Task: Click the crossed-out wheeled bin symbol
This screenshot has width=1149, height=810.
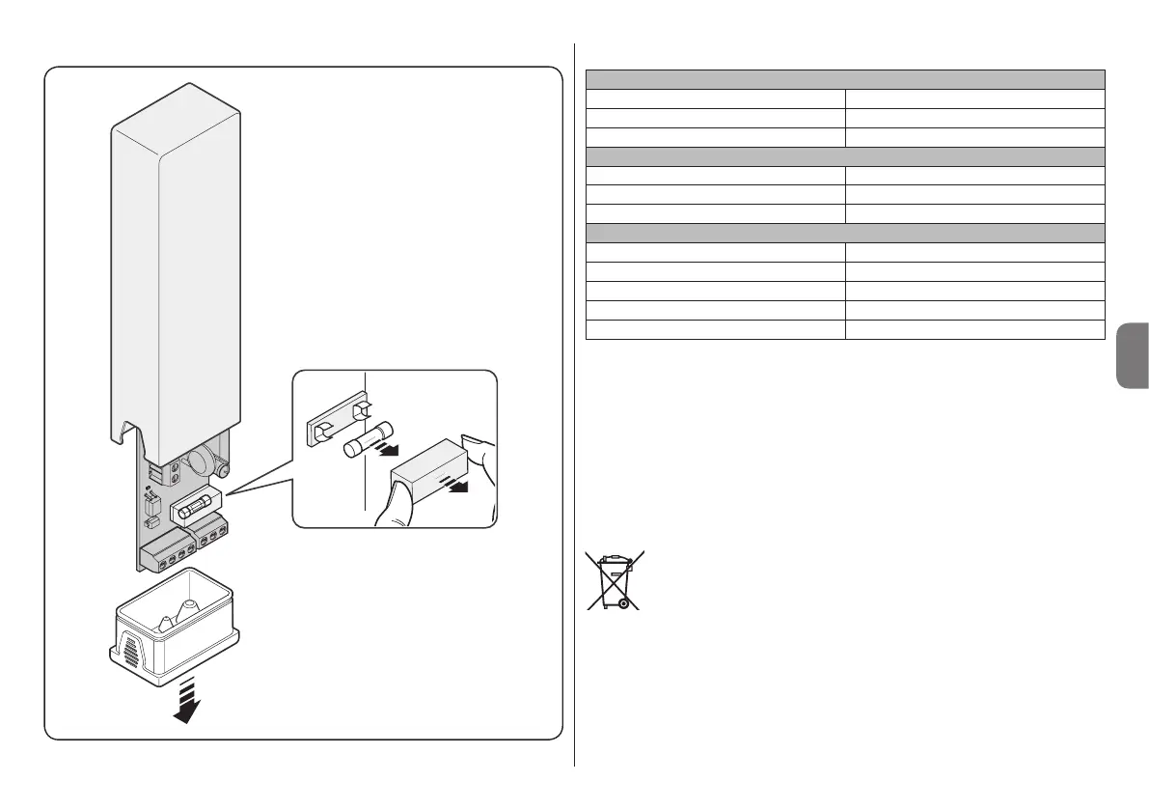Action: point(615,580)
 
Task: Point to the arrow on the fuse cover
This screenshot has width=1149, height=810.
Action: point(452,482)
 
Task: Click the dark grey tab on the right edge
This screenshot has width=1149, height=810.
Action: point(1131,355)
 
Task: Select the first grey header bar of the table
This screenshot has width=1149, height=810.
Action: point(844,79)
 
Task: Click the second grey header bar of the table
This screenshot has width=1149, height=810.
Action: point(844,156)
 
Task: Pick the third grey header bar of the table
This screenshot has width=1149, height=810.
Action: point(844,233)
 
